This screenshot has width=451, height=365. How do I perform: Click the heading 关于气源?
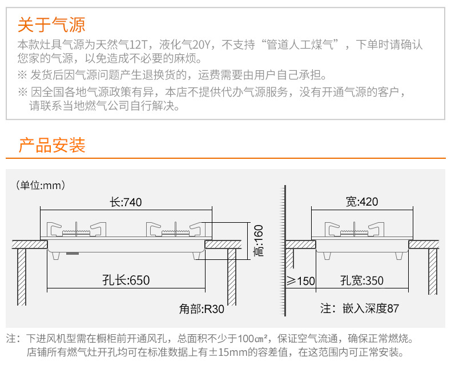[51, 25]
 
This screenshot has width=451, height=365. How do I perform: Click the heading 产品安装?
[52, 145]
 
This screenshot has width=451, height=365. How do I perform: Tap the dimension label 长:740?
[126, 202]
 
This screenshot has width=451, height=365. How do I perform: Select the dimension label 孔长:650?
[126, 280]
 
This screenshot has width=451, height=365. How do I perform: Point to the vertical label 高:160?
[258, 240]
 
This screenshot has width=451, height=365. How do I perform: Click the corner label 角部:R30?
[202, 309]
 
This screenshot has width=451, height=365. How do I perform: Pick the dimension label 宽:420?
[362, 202]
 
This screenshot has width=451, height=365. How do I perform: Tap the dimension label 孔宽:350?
[362, 280]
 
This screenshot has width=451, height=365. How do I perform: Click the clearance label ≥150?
[301, 281]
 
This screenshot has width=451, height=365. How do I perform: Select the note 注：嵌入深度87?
[360, 308]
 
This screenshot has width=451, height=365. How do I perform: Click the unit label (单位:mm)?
[41, 185]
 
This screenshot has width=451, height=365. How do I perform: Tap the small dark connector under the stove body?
[73, 254]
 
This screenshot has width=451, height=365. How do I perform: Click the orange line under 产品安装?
[226, 158]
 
